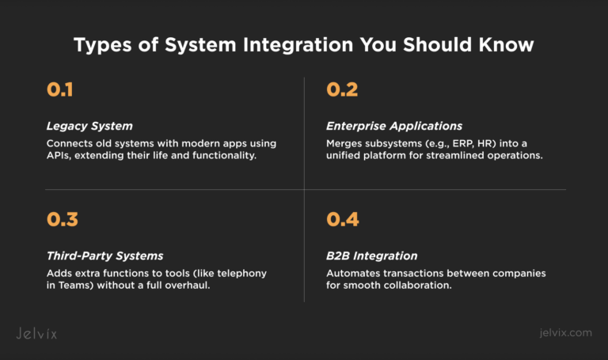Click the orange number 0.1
60,90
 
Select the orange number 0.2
342,90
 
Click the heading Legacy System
89,126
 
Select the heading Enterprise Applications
394,126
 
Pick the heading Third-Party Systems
104,256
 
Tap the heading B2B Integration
372,256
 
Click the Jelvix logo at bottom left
36,333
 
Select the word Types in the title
100,45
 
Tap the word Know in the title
507,45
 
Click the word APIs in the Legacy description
59,156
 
